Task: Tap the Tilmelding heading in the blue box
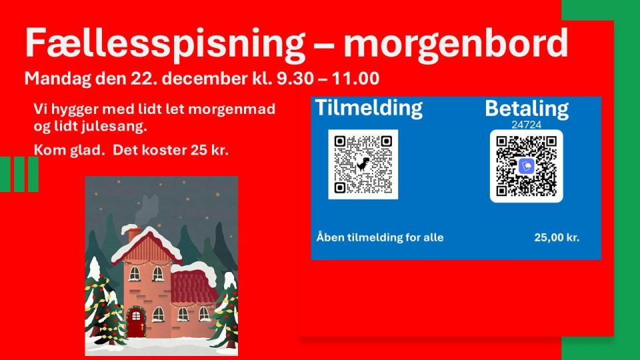[x=368, y=108]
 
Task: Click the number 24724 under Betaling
[x=526, y=124]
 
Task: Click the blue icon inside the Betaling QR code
[x=527, y=166]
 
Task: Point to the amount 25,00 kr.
[x=557, y=237]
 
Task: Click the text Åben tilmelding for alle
[x=379, y=237]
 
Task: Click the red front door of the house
[x=136, y=323]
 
